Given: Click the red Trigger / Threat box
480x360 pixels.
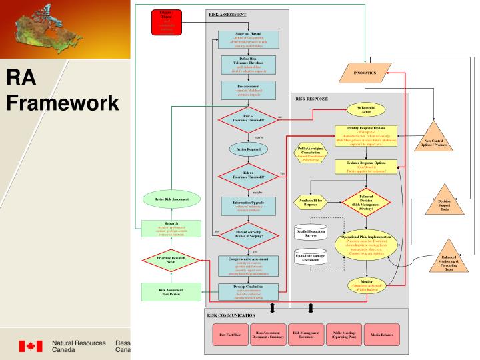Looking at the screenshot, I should click(166, 21).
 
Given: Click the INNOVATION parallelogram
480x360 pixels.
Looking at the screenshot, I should click(365, 73).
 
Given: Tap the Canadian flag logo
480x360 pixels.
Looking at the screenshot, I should click(30, 347).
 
